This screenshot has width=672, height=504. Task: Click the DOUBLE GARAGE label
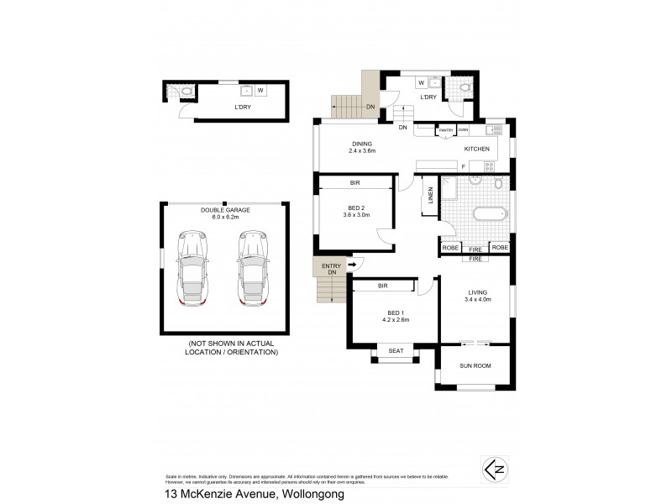tap(223, 211)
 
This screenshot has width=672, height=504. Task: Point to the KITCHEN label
tap(477, 149)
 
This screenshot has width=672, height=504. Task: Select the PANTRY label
tap(445, 130)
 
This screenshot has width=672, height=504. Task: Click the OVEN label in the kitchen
tap(463, 130)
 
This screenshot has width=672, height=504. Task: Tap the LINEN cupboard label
tap(431, 195)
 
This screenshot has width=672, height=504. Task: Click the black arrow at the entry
tap(352, 265)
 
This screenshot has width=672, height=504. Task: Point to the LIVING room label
tap(476, 293)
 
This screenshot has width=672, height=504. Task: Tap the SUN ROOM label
tap(475, 366)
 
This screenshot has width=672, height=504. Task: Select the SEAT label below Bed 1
tap(394, 351)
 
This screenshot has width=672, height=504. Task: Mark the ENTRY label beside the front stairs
tap(332, 265)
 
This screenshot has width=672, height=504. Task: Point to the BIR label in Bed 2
tap(355, 181)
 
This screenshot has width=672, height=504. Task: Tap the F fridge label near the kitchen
tap(463, 166)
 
